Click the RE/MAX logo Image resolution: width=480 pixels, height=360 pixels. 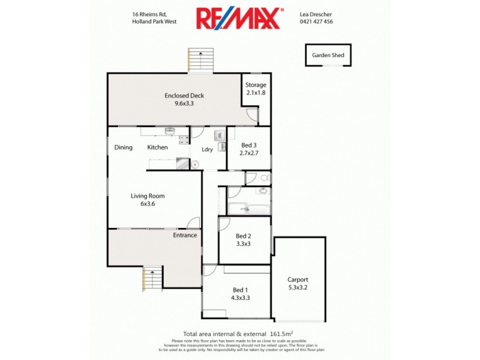click(x=238, y=18)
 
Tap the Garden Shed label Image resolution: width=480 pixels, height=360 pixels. click(x=328, y=55)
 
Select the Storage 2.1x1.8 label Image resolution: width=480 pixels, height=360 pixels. click(x=256, y=89)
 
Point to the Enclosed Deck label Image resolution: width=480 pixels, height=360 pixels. click(x=184, y=99)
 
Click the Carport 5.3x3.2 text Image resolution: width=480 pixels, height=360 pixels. click(x=298, y=284)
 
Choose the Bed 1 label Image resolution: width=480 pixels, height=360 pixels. click(x=239, y=293)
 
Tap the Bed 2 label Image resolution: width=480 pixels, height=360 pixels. click(x=243, y=240)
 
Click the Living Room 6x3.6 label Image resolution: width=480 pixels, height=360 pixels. click(x=148, y=200)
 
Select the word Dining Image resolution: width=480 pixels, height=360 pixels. click(x=124, y=148)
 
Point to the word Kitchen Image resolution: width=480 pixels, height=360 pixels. click(x=158, y=148)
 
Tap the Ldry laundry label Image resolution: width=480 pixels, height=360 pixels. click(x=208, y=149)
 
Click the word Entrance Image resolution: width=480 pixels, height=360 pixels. click(x=185, y=235)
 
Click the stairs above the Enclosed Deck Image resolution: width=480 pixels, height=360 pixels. click(x=201, y=60)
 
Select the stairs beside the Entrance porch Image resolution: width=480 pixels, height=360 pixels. click(x=153, y=278)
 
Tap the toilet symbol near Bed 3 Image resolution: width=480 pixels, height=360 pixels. click(x=265, y=178)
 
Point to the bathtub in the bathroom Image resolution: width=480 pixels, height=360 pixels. click(x=248, y=209)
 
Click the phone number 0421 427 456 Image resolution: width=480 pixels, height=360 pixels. click(x=316, y=22)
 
